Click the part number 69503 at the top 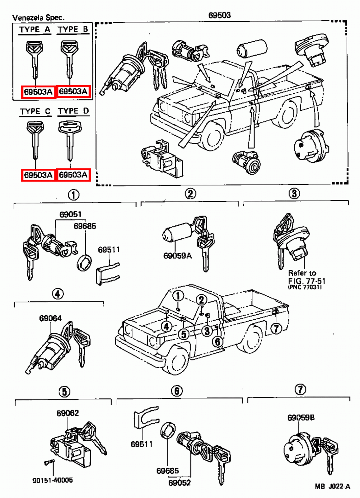219,15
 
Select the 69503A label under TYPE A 38,92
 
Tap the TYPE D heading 73,111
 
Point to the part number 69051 70,214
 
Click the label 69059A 177,256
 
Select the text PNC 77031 305,287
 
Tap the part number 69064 50,318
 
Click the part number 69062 68,413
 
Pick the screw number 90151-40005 53,480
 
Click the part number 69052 180,483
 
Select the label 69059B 301,418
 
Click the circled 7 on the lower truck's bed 276,328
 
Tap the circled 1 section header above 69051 73,195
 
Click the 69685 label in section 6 168,471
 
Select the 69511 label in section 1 109,250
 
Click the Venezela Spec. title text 38,17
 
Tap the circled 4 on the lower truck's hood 166,327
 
